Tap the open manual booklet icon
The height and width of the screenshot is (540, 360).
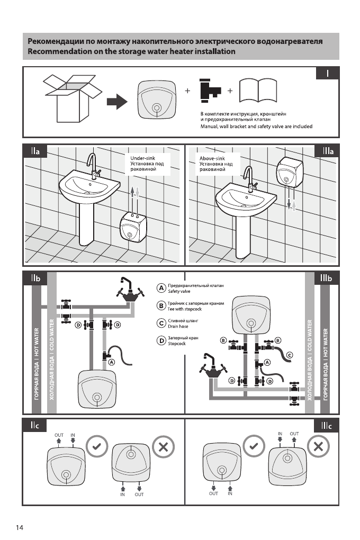point(258,93)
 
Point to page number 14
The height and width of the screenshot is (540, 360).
point(20,527)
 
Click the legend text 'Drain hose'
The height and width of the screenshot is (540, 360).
point(178,326)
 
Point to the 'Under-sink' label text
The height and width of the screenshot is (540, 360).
point(142,158)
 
